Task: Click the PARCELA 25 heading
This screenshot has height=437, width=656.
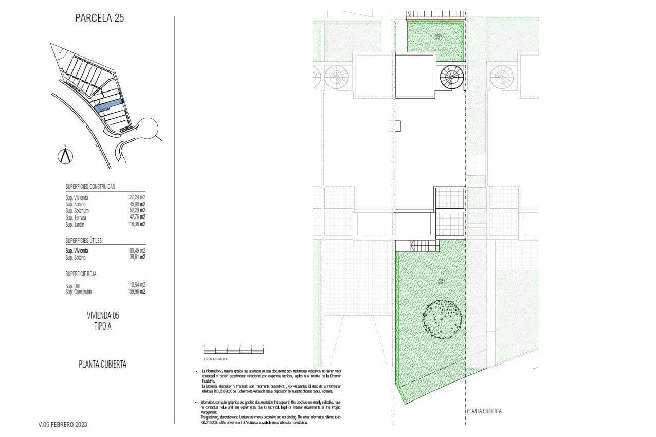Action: click(99, 19)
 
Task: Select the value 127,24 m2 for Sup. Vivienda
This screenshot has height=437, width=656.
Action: click(136, 197)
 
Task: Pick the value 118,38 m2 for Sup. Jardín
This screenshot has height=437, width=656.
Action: click(136, 225)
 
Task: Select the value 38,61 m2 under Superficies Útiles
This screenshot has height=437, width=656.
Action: click(136, 258)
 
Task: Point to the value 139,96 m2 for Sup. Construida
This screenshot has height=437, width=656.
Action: click(136, 292)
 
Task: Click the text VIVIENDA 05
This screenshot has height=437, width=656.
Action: click(103, 315)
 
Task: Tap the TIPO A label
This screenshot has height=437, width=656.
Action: click(102, 326)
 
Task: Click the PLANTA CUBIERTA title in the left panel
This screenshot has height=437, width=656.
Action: click(102, 365)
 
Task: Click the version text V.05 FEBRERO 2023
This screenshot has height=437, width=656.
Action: click(63, 425)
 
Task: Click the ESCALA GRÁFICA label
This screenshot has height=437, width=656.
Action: click(215, 359)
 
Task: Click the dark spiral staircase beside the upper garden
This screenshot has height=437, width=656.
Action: click(452, 78)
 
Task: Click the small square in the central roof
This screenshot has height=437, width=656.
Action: click(395, 126)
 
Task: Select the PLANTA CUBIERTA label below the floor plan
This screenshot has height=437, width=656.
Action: click(484, 411)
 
